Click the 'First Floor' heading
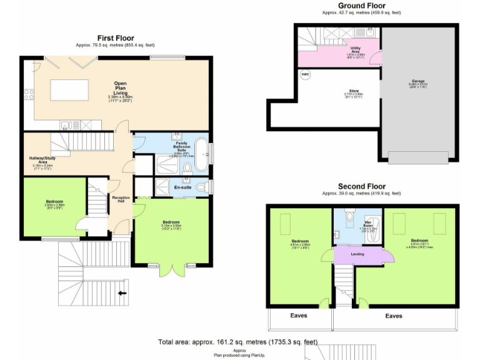116,38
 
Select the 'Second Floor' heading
361,186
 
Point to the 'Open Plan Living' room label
121,88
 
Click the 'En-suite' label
182,186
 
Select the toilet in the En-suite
202,186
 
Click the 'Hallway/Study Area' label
42,161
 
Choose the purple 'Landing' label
357,254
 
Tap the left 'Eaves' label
298,316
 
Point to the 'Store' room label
353,92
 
